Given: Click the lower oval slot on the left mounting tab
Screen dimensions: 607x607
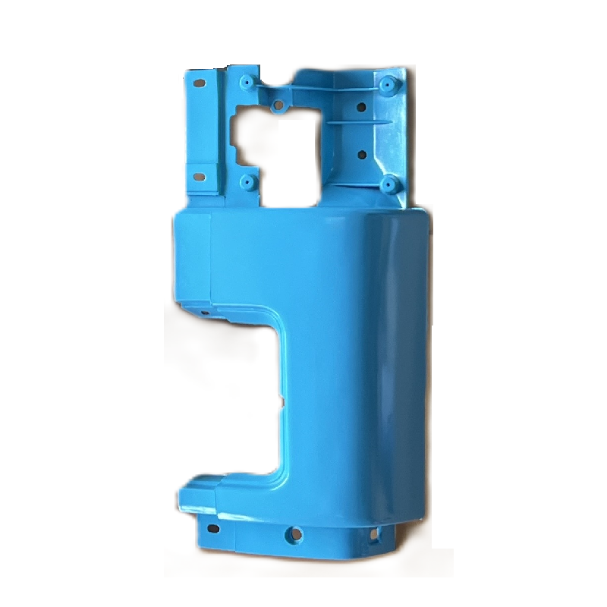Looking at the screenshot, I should pyautogui.click(x=200, y=177).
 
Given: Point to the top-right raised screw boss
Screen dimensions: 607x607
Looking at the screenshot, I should pyautogui.click(x=388, y=83).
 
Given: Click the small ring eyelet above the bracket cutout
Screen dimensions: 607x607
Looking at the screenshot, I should pyautogui.click(x=278, y=104).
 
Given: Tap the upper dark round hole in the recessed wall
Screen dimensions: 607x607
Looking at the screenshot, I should pyautogui.click(x=362, y=107).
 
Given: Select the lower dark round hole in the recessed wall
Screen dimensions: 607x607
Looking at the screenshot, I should pyautogui.click(x=362, y=155).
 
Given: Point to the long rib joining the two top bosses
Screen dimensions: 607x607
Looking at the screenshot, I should pyautogui.click(x=319, y=88).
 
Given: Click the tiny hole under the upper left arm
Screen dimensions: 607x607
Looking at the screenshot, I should pyautogui.click(x=203, y=310).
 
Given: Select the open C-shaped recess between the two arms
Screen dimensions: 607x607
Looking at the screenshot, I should pyautogui.click(x=228, y=395).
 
